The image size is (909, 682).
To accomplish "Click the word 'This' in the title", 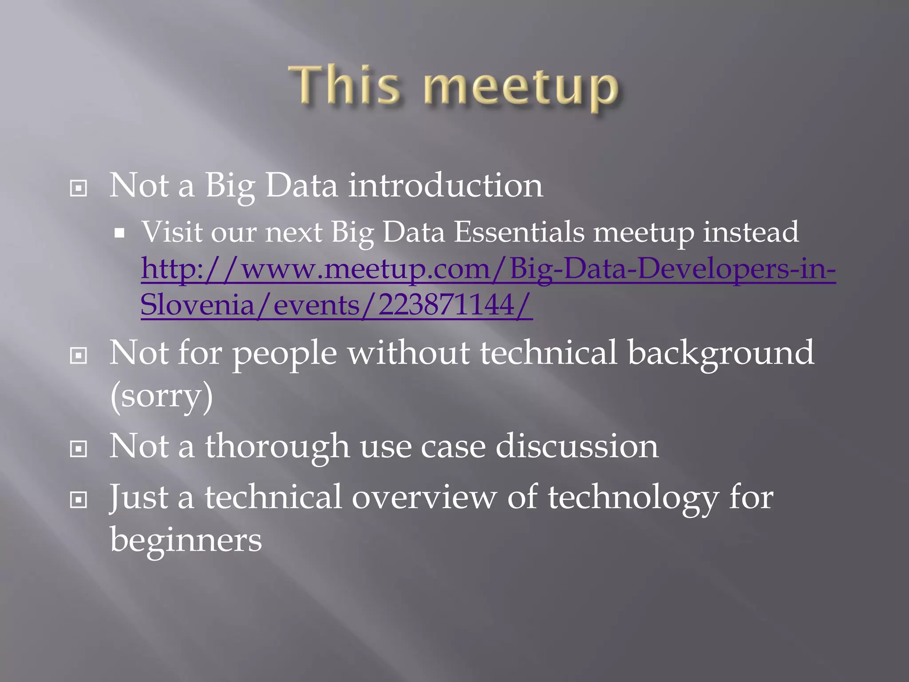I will point(344,86).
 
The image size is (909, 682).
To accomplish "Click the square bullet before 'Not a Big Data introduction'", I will point(79,189).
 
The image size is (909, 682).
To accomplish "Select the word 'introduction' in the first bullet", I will point(445,186).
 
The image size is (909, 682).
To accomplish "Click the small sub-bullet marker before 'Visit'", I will point(119,233).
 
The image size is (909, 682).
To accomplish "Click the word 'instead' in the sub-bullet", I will point(751,232).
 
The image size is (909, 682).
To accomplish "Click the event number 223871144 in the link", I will point(446,305).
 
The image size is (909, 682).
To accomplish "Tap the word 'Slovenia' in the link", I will point(197,305).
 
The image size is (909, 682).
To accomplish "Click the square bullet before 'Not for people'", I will point(79,356).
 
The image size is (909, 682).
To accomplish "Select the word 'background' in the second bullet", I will point(721,353).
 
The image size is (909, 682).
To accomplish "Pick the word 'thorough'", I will point(277,446).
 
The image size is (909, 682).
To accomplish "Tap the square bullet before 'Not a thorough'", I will point(79,449).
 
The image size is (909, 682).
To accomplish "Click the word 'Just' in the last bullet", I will point(138,497).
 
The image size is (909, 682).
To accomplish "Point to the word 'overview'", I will point(424,497).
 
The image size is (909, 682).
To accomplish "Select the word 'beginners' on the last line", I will point(186,540).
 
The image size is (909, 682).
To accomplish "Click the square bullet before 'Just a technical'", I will point(79,500).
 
